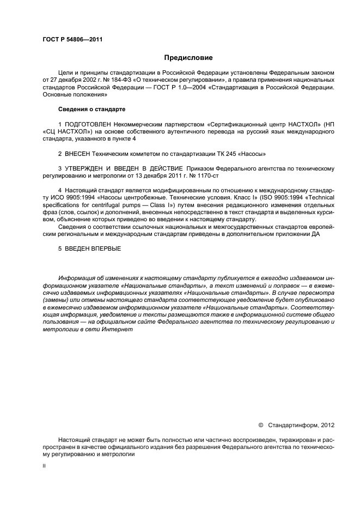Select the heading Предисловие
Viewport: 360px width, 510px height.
188,57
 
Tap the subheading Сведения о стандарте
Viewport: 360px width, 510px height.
88,110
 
